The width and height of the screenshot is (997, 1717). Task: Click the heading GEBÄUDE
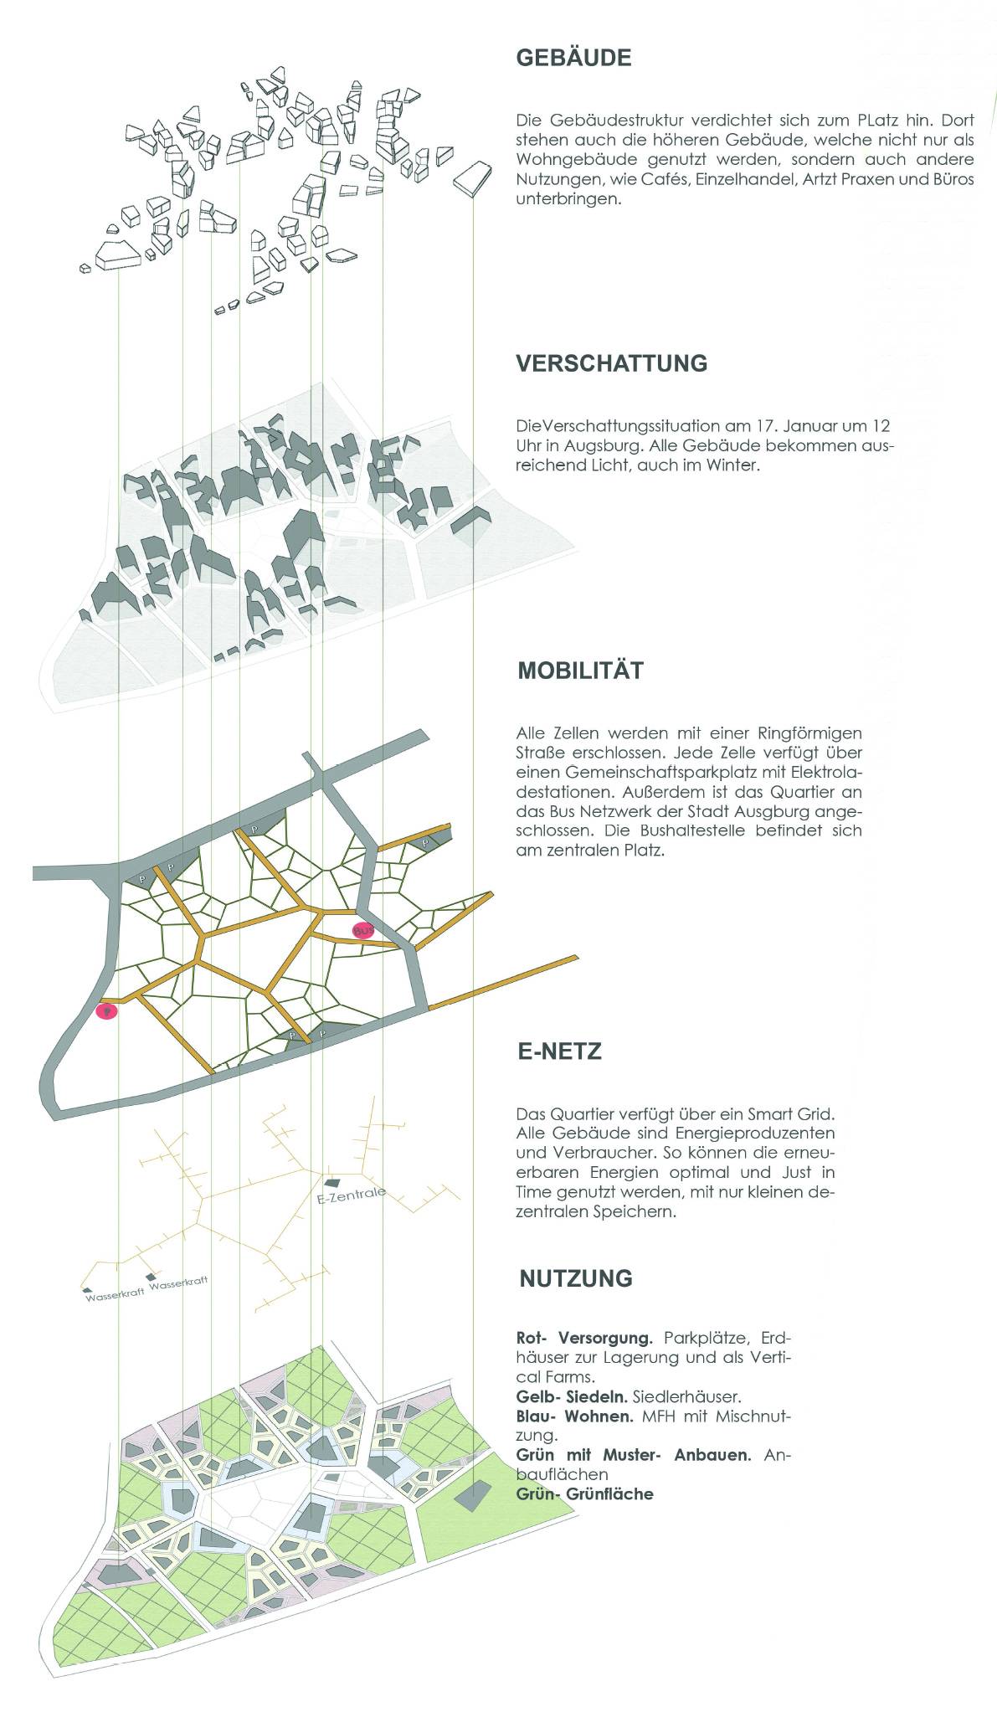point(573,58)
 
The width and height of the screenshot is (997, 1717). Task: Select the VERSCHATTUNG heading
point(611,363)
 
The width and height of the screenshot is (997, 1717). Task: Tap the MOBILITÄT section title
point(580,671)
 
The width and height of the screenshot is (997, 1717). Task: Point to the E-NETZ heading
point(559,1051)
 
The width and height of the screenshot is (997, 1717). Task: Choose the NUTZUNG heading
point(575,1278)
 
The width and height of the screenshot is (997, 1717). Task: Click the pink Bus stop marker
point(362,930)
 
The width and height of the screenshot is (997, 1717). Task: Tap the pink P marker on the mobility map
point(106,1011)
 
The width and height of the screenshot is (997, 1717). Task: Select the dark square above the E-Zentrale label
point(332,1182)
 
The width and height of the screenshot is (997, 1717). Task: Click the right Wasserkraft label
point(177,1283)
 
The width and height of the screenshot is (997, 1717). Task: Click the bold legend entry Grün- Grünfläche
point(584,1493)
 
